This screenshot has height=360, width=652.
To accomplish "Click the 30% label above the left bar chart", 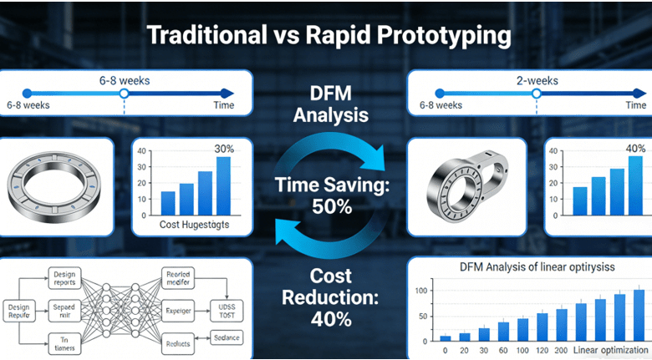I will click(x=223, y=149).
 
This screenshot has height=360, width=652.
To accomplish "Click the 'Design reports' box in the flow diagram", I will click(x=64, y=277).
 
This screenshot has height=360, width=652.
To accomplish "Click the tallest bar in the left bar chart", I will click(x=222, y=185).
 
